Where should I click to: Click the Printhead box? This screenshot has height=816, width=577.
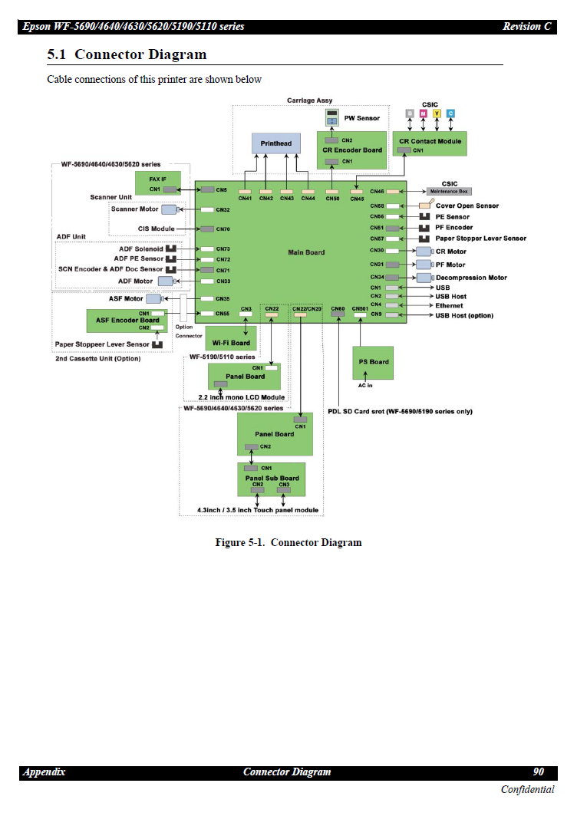click(x=275, y=145)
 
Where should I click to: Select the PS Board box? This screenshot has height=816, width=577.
click(x=374, y=362)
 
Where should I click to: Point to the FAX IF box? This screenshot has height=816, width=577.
click(x=158, y=183)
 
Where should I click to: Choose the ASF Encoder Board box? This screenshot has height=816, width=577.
click(x=127, y=321)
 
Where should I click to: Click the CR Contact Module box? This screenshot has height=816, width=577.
click(x=430, y=143)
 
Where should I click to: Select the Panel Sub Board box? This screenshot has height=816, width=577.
click(x=272, y=479)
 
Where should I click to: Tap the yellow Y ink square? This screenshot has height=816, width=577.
click(x=437, y=114)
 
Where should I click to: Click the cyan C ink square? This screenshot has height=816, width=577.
click(x=450, y=114)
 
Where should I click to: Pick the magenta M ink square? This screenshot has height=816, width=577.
click(x=423, y=114)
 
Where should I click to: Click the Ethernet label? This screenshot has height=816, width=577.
click(x=449, y=306)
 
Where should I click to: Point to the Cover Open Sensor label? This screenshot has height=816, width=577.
click(x=467, y=206)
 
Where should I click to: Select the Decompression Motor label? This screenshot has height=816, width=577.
click(x=471, y=278)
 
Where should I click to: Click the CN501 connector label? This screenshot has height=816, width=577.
click(x=360, y=308)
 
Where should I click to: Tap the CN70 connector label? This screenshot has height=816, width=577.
click(x=223, y=229)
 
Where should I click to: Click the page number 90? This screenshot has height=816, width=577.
click(x=538, y=772)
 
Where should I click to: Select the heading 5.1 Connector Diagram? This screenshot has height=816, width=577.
click(x=127, y=54)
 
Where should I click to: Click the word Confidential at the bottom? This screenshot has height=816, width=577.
click(x=527, y=790)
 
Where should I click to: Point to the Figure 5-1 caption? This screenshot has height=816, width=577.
click(x=288, y=543)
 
